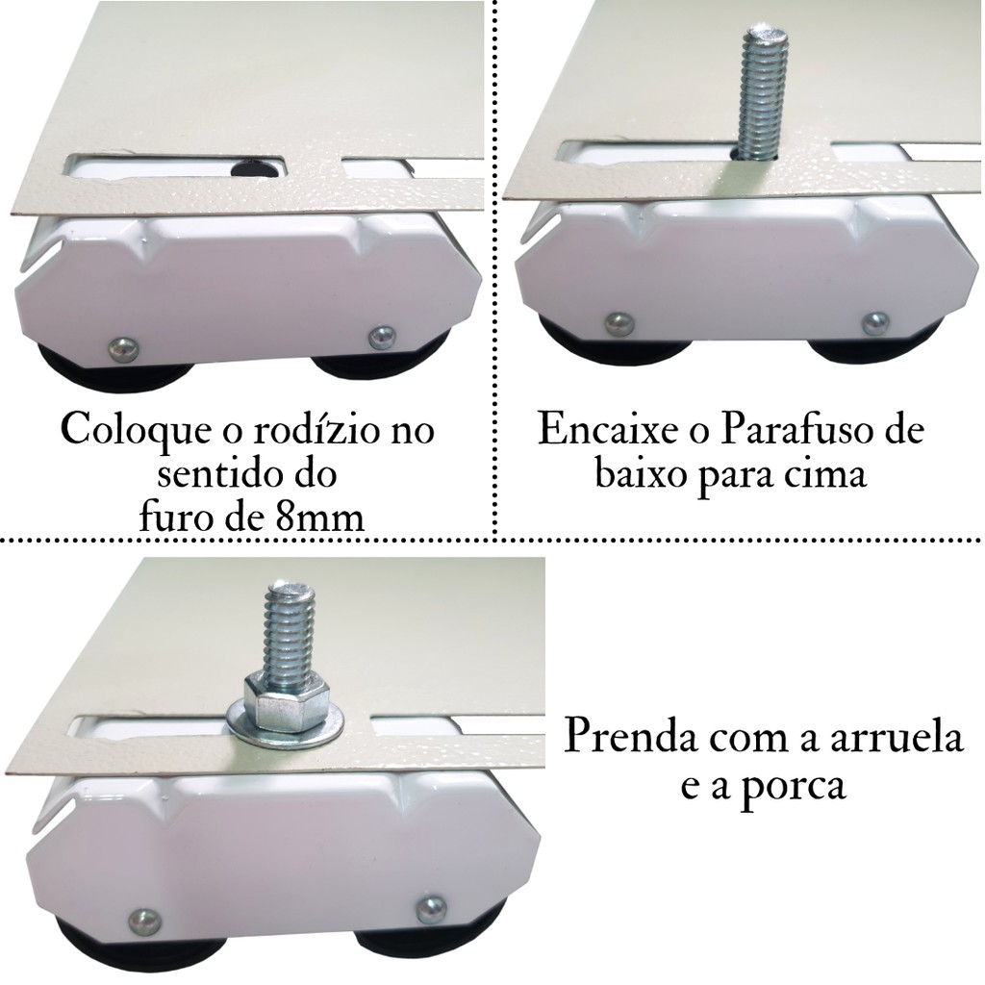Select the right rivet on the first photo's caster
point(383,336)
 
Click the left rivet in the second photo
point(619,323)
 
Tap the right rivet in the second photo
point(875,321)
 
